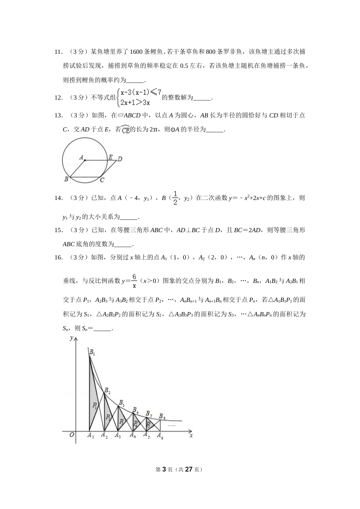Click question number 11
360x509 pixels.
58,52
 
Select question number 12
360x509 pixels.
58,98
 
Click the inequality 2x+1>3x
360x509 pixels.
135,102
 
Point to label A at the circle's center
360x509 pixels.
81,156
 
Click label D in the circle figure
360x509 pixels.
120,159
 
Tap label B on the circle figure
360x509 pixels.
66,179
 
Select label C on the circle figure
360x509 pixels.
102,180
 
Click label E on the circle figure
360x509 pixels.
110,156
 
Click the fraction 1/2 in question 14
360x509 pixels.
175,198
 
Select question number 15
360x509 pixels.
58,230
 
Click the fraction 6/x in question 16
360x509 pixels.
134,281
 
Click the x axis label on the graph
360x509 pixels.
191,436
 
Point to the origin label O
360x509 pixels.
72,435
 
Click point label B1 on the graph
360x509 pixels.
92,353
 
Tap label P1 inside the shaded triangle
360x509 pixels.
95,406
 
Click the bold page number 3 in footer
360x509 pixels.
164,469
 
